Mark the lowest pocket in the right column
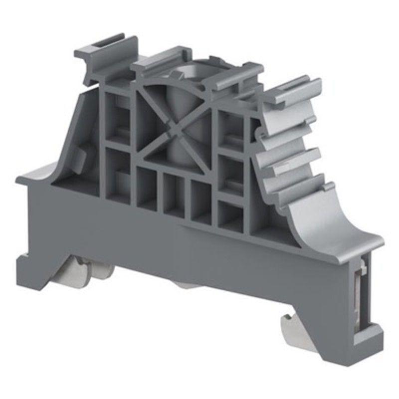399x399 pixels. point(230,217)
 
